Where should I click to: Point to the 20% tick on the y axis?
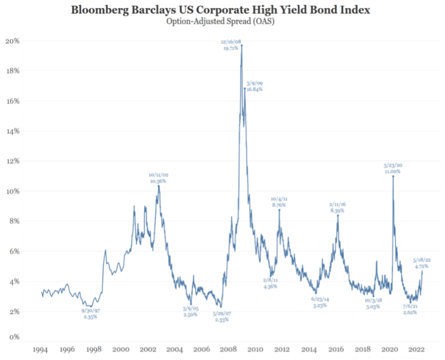pos(12,41)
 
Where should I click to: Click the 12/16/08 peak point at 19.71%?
pos(242,45)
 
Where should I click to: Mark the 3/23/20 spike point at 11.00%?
pos(393,176)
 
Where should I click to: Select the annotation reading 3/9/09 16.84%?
pos(254,86)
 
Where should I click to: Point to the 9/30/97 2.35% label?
pos(90,313)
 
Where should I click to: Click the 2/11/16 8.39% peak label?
pos(337,208)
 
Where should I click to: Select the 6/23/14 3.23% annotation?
pos(320,302)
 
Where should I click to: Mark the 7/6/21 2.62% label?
pos(410,309)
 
